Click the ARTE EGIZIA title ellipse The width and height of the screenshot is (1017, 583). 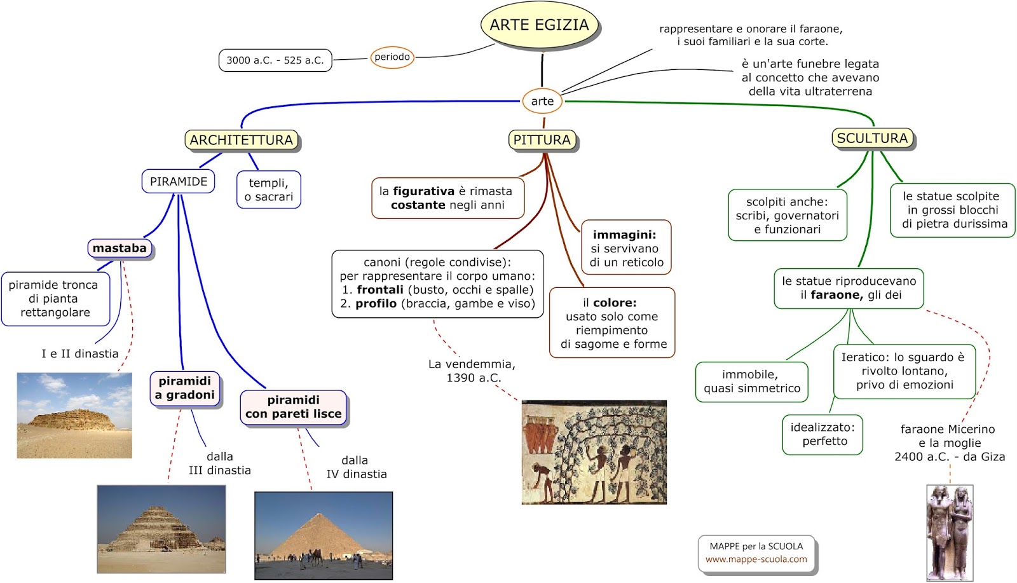click(x=540, y=25)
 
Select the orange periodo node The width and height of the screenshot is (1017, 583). click(x=392, y=57)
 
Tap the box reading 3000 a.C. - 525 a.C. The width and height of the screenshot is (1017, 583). click(x=275, y=60)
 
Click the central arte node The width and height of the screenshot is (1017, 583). click(x=542, y=101)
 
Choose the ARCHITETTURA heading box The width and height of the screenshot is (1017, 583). click(x=242, y=140)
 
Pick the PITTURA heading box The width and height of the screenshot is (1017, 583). click(x=542, y=140)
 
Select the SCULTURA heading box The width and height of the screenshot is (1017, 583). click(x=872, y=138)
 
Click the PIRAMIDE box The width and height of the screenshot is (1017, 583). click(x=179, y=181)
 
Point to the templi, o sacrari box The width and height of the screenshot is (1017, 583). click(x=269, y=189)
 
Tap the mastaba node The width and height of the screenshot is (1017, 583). click(x=119, y=248)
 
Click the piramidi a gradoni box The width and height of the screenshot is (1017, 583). click(x=185, y=388)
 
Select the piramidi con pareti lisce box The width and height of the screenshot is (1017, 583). click(x=294, y=407)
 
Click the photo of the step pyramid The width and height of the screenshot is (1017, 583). click(x=161, y=529)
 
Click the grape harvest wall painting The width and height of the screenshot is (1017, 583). click(x=594, y=452)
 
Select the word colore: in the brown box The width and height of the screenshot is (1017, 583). click(x=614, y=303)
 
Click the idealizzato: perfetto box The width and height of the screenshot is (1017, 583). click(x=822, y=434)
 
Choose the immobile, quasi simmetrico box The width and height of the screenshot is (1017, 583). click(x=752, y=381)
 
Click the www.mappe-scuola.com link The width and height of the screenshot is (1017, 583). click(x=756, y=559)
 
